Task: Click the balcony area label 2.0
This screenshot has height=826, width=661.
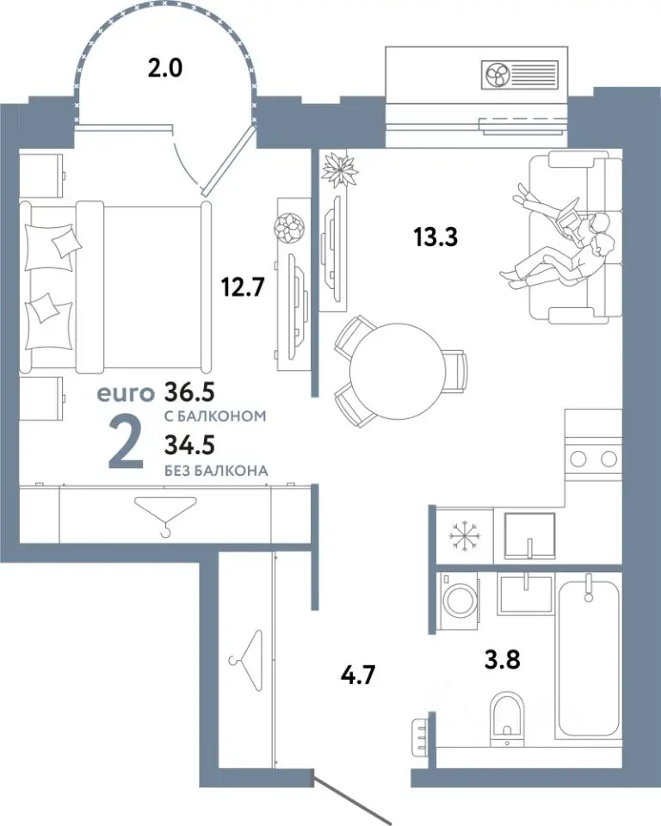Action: tap(165, 68)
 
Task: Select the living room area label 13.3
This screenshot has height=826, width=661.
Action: tap(436, 237)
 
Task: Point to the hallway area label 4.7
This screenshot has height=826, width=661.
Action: tap(358, 675)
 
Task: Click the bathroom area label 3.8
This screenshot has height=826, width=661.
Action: tap(503, 659)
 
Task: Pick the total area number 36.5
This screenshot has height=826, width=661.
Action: tap(189, 391)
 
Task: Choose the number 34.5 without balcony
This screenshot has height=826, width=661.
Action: tap(189, 446)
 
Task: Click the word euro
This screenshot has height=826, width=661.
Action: tap(126, 393)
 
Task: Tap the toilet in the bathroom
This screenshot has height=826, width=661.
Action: tap(507, 718)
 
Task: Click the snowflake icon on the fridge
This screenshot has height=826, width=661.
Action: tap(465, 536)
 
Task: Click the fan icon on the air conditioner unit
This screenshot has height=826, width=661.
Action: tap(496, 75)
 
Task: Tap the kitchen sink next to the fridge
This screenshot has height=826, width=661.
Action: tap(530, 534)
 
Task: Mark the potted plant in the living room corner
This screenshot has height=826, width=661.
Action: tap(340, 169)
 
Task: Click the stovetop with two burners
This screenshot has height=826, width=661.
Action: tap(593, 459)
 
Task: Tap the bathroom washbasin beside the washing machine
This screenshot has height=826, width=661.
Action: tap(526, 595)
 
